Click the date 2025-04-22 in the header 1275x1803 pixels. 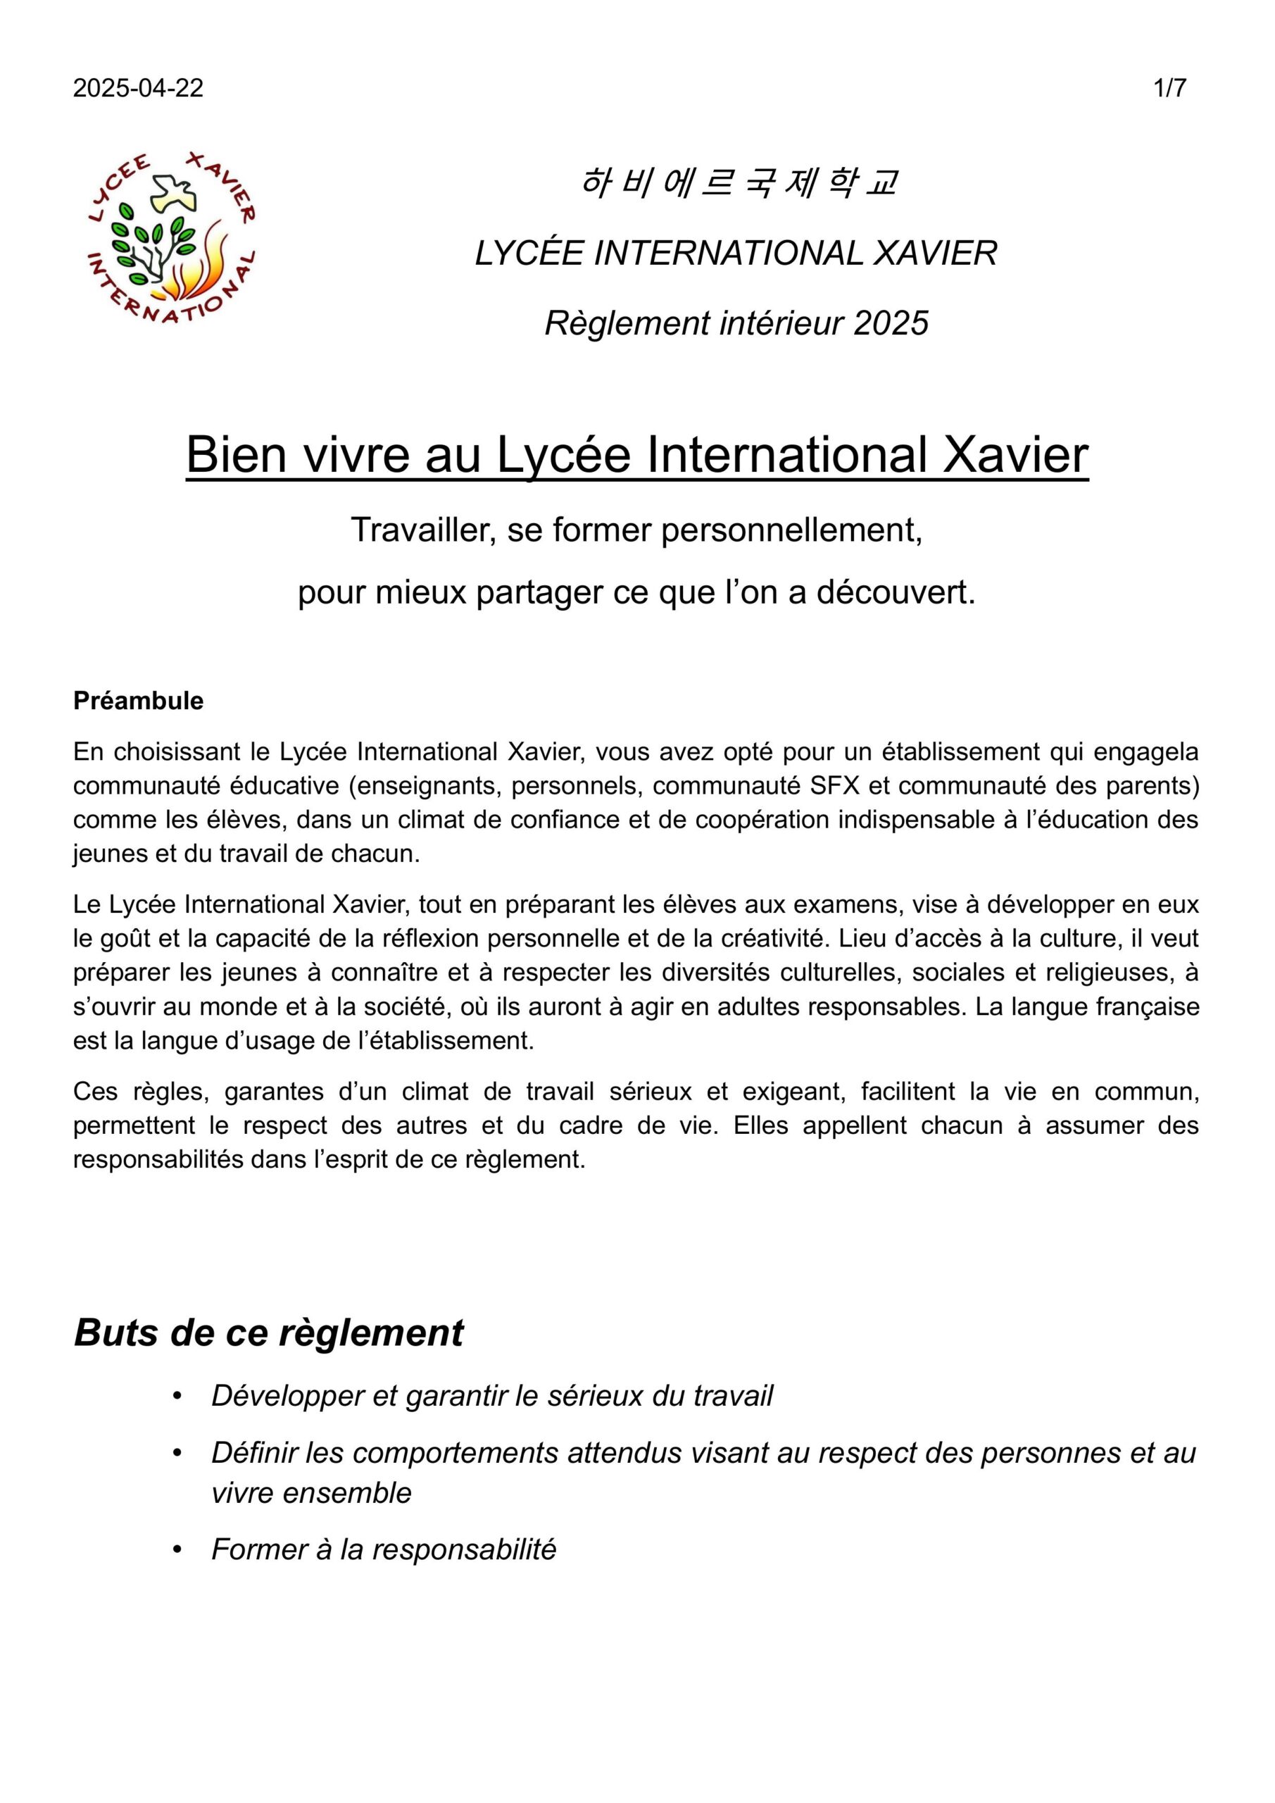point(138,88)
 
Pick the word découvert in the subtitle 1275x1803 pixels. point(896,593)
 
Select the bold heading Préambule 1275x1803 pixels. point(138,701)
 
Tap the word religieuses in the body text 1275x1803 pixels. point(1093,972)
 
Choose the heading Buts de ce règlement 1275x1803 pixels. point(268,1333)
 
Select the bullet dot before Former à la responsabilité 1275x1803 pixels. point(177,1550)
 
